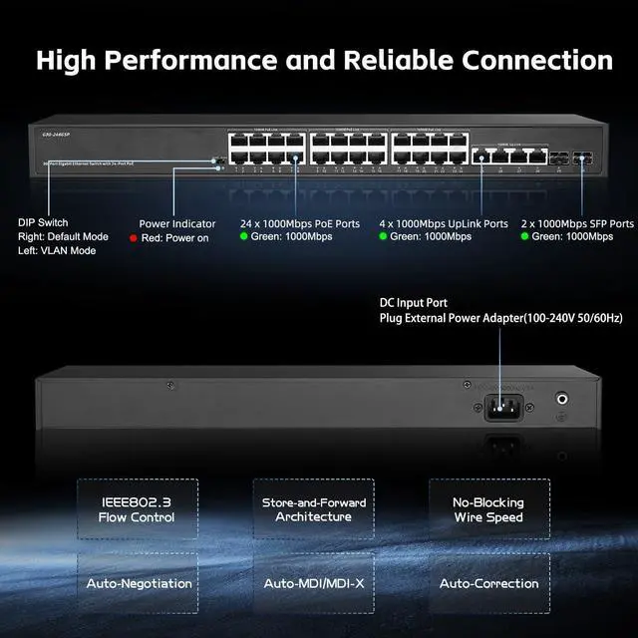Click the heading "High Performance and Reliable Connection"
tap(324, 60)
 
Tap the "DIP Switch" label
tap(44, 224)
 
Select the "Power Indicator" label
tap(177, 224)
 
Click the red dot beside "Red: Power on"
tap(134, 239)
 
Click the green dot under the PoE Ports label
tap(244, 237)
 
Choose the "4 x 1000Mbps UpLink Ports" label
tap(444, 224)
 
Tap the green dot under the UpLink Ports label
tap(383, 237)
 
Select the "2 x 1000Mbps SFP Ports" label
tap(577, 224)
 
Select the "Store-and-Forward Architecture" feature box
tap(314, 509)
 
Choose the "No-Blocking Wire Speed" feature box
tap(488, 509)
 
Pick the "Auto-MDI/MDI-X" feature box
tap(314, 583)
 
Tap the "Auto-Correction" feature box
tap(488, 583)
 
